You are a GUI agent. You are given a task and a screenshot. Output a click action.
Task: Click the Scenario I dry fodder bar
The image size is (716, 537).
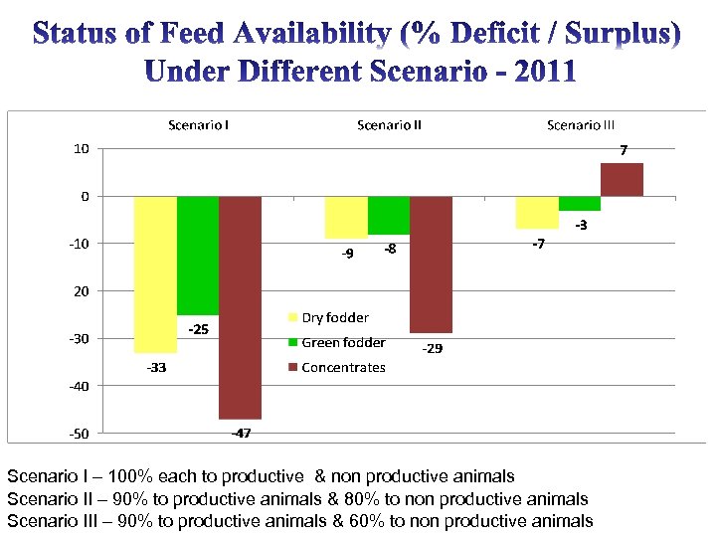pos(155,273)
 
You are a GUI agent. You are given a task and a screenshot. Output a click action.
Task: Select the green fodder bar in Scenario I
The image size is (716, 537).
pos(198,255)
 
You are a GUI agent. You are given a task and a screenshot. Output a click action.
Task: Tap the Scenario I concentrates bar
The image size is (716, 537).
pos(240,307)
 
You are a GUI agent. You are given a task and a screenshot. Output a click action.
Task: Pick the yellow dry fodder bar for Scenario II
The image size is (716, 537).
pos(346,217)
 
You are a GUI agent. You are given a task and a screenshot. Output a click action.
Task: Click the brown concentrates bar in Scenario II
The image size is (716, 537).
pos(431,265)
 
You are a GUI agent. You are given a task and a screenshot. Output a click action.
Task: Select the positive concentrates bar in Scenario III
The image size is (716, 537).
pos(622,179)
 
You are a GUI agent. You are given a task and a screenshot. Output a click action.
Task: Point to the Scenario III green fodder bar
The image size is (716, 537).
pos(580,204)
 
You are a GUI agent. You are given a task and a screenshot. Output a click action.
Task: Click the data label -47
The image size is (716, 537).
pos(241,434)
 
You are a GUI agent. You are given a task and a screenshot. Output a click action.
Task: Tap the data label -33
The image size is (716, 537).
pos(156,368)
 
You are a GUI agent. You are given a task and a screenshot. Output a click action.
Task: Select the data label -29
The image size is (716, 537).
pos(433,349)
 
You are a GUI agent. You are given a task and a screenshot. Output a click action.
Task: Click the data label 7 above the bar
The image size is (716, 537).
pos(624,151)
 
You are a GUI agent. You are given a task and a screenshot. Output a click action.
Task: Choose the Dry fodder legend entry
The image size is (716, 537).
pos(334,318)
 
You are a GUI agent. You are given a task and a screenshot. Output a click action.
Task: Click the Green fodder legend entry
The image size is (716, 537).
pos(343,343)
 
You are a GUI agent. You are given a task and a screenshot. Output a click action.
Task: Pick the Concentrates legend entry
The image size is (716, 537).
pos(342,368)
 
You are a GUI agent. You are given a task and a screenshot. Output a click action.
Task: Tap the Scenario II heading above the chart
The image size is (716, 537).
pos(389,125)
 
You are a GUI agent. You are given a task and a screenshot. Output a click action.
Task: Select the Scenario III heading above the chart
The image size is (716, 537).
pos(581,125)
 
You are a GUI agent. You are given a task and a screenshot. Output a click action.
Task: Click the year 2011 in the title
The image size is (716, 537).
pos(536,73)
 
